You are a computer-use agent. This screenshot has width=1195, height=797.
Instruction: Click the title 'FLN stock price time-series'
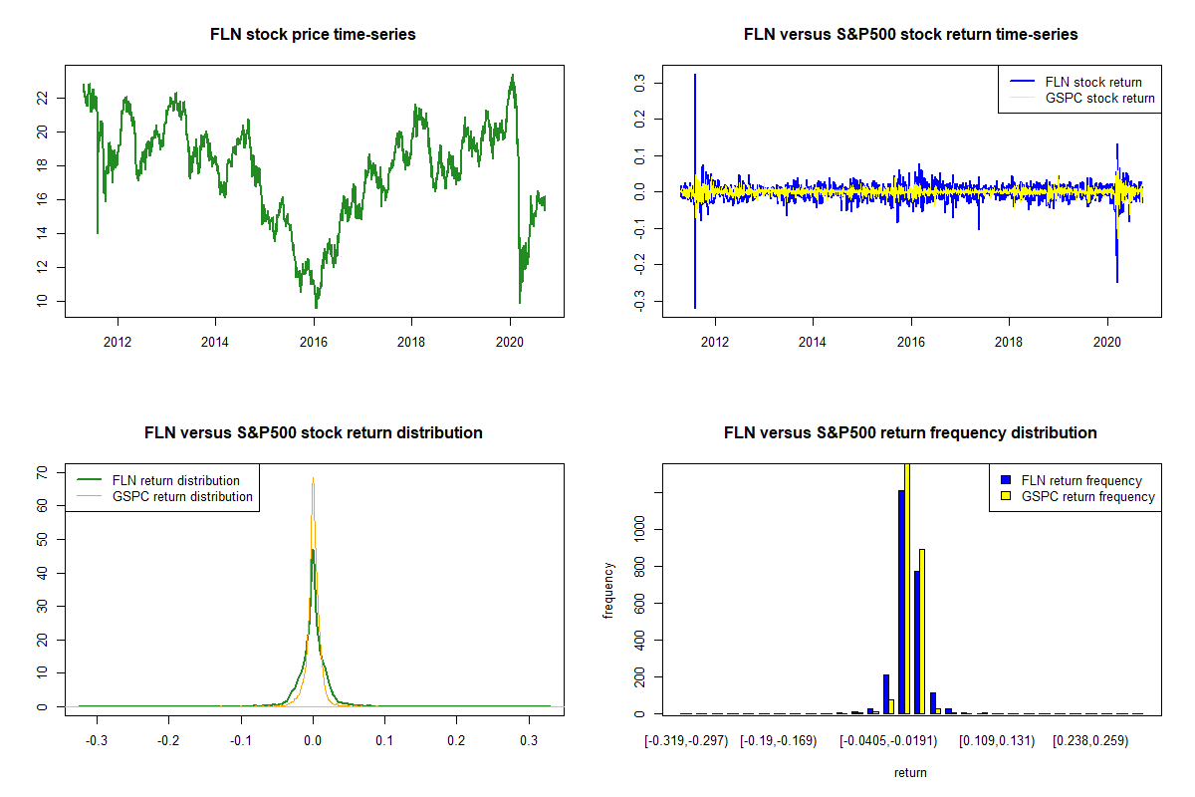pyautogui.click(x=313, y=34)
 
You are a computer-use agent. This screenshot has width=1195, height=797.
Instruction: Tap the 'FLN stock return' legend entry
pyautogui.click(x=1092, y=82)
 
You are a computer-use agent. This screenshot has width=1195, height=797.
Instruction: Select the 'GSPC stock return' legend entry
pyautogui.click(x=1099, y=98)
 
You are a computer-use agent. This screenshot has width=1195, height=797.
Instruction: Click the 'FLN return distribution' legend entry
pyautogui.click(x=175, y=480)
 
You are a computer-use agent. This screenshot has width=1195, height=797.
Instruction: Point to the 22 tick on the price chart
pyautogui.click(x=44, y=98)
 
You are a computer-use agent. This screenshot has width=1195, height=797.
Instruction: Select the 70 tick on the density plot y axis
pyautogui.click(x=44, y=472)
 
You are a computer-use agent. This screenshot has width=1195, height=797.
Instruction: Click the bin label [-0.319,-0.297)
pyautogui.click(x=687, y=742)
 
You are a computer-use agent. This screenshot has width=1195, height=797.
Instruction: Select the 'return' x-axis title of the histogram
pyautogui.click(x=910, y=772)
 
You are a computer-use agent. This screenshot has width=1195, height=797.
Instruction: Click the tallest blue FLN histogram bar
pyautogui.click(x=901, y=601)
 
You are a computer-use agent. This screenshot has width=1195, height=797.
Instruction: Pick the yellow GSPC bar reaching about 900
pyautogui.click(x=922, y=631)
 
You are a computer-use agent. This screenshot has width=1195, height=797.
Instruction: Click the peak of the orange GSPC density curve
pyautogui.click(x=314, y=478)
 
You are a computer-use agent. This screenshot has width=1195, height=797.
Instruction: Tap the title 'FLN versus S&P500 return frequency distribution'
pyautogui.click(x=910, y=432)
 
